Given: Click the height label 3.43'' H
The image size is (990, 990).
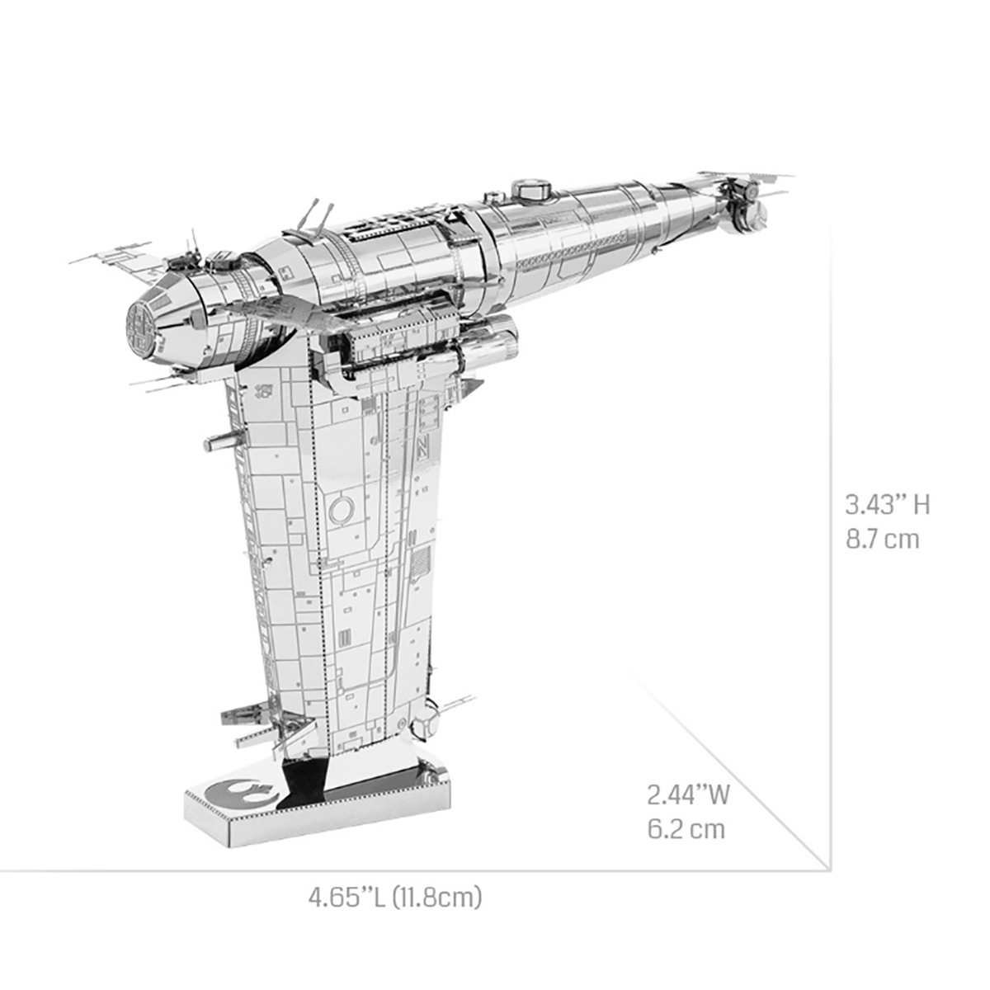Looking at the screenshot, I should tap(887, 504).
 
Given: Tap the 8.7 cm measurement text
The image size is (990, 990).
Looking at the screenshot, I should tap(882, 540).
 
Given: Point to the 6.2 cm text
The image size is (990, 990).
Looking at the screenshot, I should tap(686, 828).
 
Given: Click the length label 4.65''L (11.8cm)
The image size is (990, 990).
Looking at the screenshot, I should tap(395, 897).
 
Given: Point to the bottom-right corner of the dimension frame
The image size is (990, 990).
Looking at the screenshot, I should tap(828, 868).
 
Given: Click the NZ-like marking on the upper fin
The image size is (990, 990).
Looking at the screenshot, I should tap(424, 449).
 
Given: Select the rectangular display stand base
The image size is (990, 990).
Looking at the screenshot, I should tap(318, 804).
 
